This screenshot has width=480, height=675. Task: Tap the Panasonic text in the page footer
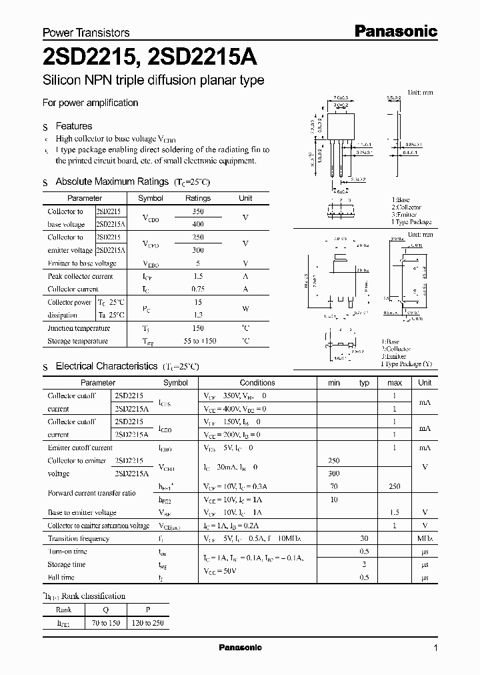coord(241,648)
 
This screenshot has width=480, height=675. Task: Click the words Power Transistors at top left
coord(86,32)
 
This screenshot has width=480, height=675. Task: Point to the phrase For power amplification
coord(90,103)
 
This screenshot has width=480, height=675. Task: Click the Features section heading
coord(73,126)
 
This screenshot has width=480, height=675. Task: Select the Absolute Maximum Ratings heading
coord(112,181)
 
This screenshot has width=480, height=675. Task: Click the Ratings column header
coord(198,198)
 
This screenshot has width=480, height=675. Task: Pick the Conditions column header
coord(257,383)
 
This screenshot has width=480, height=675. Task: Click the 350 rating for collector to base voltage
coord(198,211)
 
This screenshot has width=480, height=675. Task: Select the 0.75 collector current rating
coord(198,289)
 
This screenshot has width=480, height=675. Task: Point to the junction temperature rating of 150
coord(198,328)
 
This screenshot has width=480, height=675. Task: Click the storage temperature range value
coord(198,342)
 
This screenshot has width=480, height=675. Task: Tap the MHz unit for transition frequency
coord(425,538)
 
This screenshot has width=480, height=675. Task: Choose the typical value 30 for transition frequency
coord(364,538)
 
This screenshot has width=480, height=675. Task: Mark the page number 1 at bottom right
coord(435,648)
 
